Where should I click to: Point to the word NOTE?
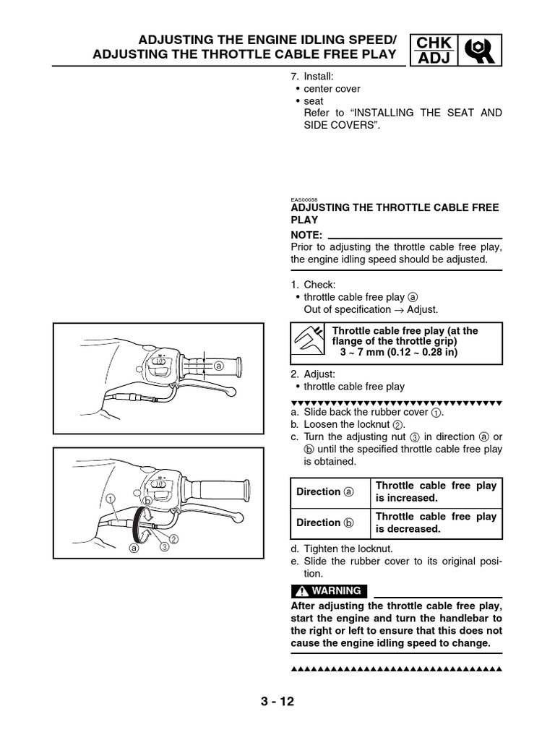[306, 235]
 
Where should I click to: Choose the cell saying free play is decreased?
[436, 522]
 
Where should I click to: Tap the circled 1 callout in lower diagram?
[110, 498]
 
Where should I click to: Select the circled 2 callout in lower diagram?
[173, 539]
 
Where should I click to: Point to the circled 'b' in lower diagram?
[147, 500]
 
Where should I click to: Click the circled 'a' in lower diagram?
[133, 548]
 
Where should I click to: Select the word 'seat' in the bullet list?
[314, 101]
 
